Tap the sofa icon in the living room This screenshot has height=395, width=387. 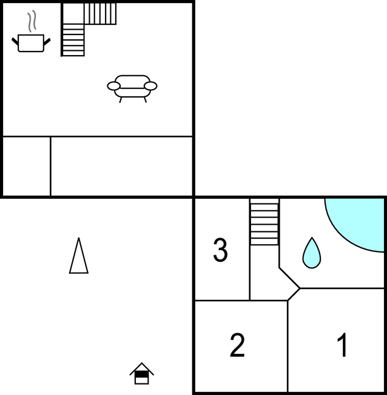[132, 88]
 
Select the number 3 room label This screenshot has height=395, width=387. [221, 250]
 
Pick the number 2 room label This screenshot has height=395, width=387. [237, 345]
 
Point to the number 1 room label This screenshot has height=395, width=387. [343, 345]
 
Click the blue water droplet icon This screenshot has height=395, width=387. [312, 253]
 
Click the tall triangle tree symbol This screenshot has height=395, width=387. [79, 256]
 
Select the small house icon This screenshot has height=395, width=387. [142, 374]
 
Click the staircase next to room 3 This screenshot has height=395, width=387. [264, 222]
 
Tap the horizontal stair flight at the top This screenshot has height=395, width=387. [100, 13]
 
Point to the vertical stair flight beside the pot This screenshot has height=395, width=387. [73, 40]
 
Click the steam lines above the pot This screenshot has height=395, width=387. [32, 21]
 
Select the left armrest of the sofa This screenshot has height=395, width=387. [114, 86]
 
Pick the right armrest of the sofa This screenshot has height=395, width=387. [150, 86]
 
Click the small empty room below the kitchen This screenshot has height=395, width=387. [27, 166]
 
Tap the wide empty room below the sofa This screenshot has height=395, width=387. [121, 166]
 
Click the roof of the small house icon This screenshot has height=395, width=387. [142, 368]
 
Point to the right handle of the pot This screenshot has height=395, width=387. [47, 42]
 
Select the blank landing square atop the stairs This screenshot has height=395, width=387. [73, 13]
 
